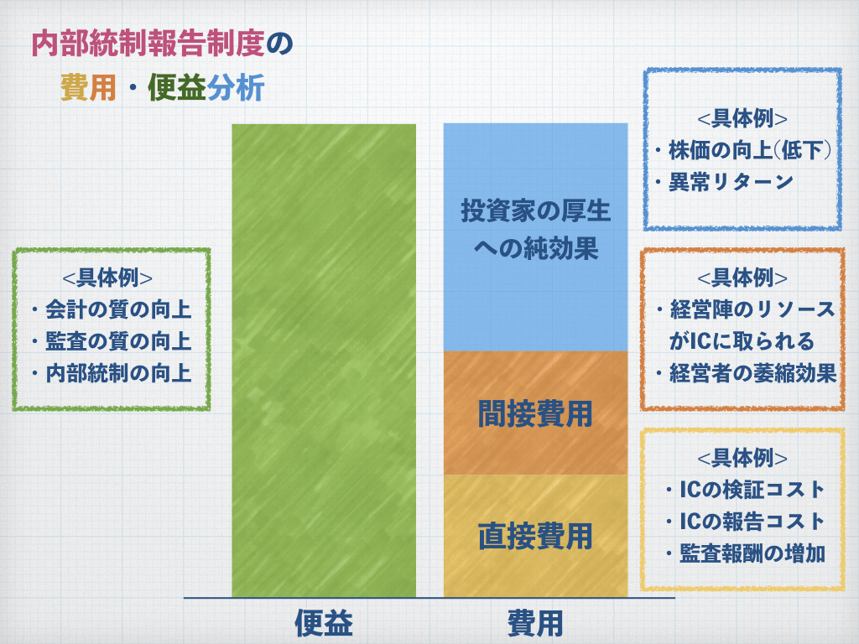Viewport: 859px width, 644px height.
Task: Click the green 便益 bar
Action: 324,361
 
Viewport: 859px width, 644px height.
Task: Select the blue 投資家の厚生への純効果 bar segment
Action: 535,236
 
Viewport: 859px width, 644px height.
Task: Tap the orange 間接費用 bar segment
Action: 535,413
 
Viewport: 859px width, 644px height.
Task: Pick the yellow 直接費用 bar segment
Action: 535,536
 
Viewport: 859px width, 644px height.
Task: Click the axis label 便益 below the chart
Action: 324,623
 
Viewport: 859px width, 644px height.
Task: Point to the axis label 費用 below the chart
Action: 535,623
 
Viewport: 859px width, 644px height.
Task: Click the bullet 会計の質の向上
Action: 112,309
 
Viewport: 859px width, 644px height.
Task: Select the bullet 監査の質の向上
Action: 112,341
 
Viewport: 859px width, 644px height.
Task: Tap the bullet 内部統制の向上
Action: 112,373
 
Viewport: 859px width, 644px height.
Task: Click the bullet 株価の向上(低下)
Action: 743,150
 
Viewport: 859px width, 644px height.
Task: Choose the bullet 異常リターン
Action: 724,182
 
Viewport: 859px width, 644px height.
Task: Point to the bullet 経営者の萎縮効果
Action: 746,373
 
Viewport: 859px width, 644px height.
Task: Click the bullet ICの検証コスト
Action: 745,490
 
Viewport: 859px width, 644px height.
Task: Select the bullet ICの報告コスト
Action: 745,522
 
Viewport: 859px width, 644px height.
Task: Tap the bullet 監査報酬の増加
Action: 745,553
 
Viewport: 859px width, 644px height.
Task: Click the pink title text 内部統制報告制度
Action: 148,44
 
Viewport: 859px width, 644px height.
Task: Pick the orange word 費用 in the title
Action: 87,87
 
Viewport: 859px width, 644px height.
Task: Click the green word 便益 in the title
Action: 176,87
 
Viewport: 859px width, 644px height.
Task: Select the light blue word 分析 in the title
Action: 236,87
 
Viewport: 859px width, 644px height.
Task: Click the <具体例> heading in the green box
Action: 107,278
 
